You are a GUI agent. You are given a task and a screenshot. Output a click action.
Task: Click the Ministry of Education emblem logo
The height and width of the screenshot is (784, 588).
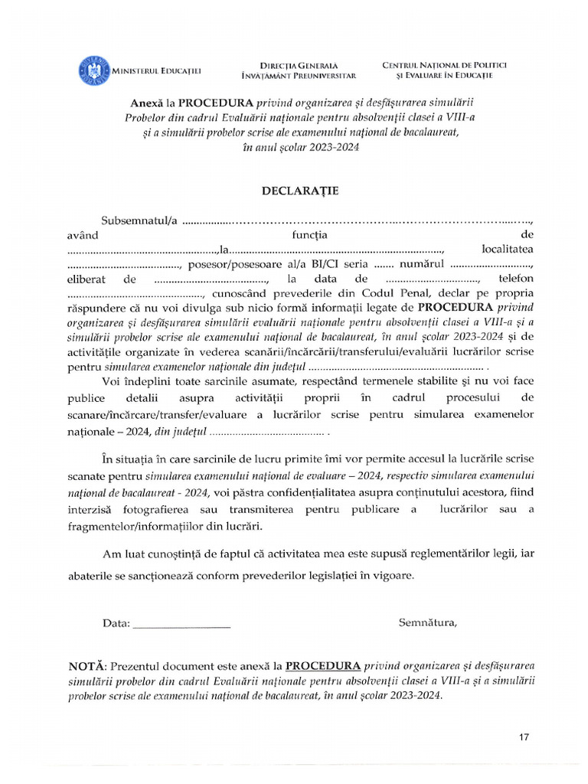coord(93,70)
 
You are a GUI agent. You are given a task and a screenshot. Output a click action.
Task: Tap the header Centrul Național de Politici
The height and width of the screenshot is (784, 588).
coord(444,65)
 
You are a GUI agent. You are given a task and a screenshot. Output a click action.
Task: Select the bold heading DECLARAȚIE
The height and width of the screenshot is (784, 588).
coord(294,189)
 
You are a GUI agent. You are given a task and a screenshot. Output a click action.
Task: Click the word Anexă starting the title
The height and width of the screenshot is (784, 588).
coord(147,103)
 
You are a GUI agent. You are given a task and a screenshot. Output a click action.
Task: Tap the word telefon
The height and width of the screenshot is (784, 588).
coord(515,279)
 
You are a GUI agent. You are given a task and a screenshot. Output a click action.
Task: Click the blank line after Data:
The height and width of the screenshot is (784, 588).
coord(181,623)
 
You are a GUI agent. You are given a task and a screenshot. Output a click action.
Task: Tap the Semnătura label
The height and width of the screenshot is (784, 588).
coord(427,622)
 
